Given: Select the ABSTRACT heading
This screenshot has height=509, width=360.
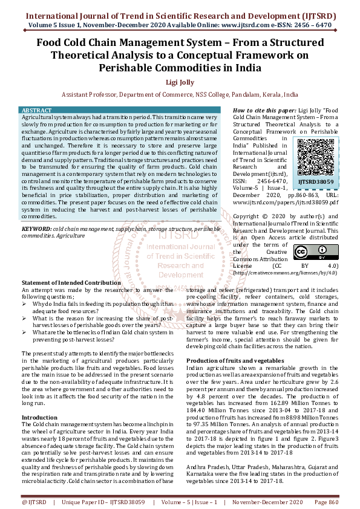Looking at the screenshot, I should (36, 111).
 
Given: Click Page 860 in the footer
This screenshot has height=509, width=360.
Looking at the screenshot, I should (325, 502).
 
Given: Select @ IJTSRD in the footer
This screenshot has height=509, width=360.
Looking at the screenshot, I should (34, 502).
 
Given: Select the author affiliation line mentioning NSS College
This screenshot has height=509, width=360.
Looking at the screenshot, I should (180, 95).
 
